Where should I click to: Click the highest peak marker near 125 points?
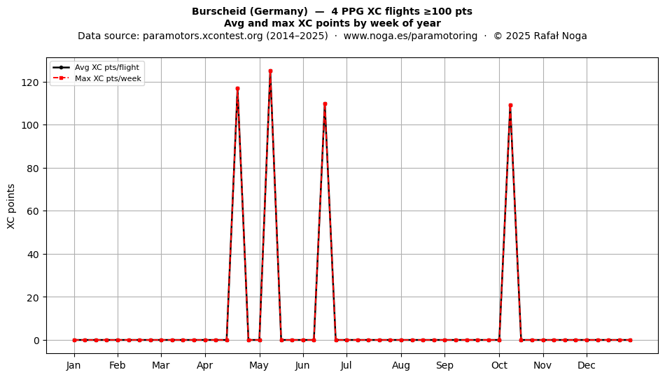pos(270,71)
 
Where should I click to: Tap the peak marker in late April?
pos(237,89)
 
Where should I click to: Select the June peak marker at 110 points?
pos(325,104)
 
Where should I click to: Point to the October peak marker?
pos(510,105)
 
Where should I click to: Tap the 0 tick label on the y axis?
pos(37,340)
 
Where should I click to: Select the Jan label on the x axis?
pos(73,365)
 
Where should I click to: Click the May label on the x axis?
pos(259,365)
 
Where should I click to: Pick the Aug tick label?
pos(401,365)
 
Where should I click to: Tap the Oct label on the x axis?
pos(499,365)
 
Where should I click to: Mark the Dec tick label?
pos(587,365)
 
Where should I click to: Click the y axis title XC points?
pos(11,206)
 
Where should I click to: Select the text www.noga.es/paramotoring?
pos(410,36)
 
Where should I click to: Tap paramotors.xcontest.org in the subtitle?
pos(203,36)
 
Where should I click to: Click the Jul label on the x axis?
pos(346,365)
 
